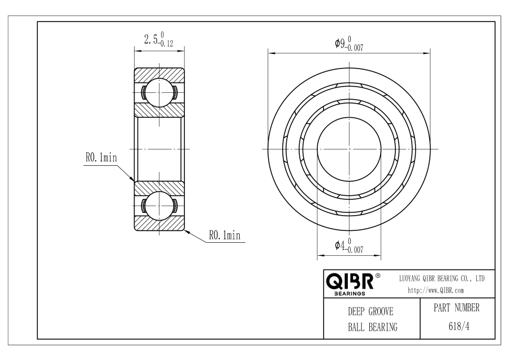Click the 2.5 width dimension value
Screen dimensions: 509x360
coord(151,40)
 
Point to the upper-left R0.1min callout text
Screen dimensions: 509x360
coord(101,157)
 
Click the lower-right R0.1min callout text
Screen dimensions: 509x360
coord(225,235)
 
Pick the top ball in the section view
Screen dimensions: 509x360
coord(159,93)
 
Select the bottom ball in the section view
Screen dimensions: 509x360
coord(159,205)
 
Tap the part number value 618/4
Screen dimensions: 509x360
coord(459,326)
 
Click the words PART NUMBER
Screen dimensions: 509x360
coord(456,308)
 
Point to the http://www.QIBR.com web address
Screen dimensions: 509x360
coord(435,290)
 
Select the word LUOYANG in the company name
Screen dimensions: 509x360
coord(409,278)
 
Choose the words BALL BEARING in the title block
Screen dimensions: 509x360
coord(373,327)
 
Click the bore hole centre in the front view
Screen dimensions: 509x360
coord(349,149)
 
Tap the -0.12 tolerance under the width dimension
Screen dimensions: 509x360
coord(166,44)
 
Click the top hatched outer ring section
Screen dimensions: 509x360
coord(159,75)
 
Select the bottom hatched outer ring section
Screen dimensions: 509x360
coord(159,224)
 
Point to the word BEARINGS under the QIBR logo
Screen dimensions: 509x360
coord(350,294)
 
